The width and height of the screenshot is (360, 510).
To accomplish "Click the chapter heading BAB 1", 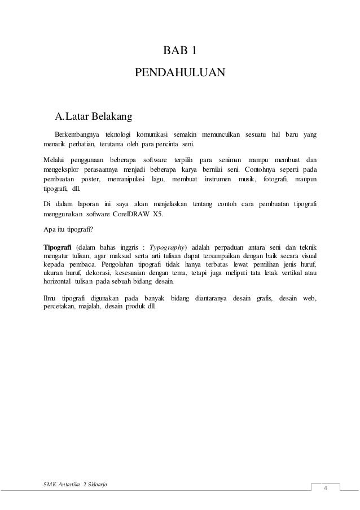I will (x=180, y=53).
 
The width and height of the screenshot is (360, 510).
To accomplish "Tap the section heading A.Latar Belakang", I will (x=93, y=117).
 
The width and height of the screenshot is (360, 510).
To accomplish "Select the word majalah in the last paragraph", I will (x=89, y=307).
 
